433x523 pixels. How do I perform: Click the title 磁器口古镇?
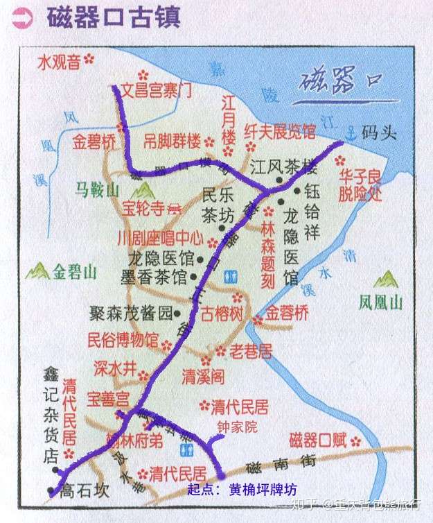point(114,17)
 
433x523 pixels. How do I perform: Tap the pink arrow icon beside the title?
point(22,18)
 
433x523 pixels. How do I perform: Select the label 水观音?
point(59,63)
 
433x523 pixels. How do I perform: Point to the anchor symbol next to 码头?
point(351,131)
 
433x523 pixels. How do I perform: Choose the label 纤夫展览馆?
point(279,130)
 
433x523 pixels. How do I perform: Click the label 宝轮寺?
point(145,207)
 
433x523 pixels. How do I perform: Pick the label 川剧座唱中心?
point(159,239)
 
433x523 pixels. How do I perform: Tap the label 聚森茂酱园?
point(130,314)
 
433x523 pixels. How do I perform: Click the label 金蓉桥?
point(288,313)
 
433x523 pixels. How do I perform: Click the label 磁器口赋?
point(317,440)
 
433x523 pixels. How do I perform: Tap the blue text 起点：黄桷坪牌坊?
point(242,488)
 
